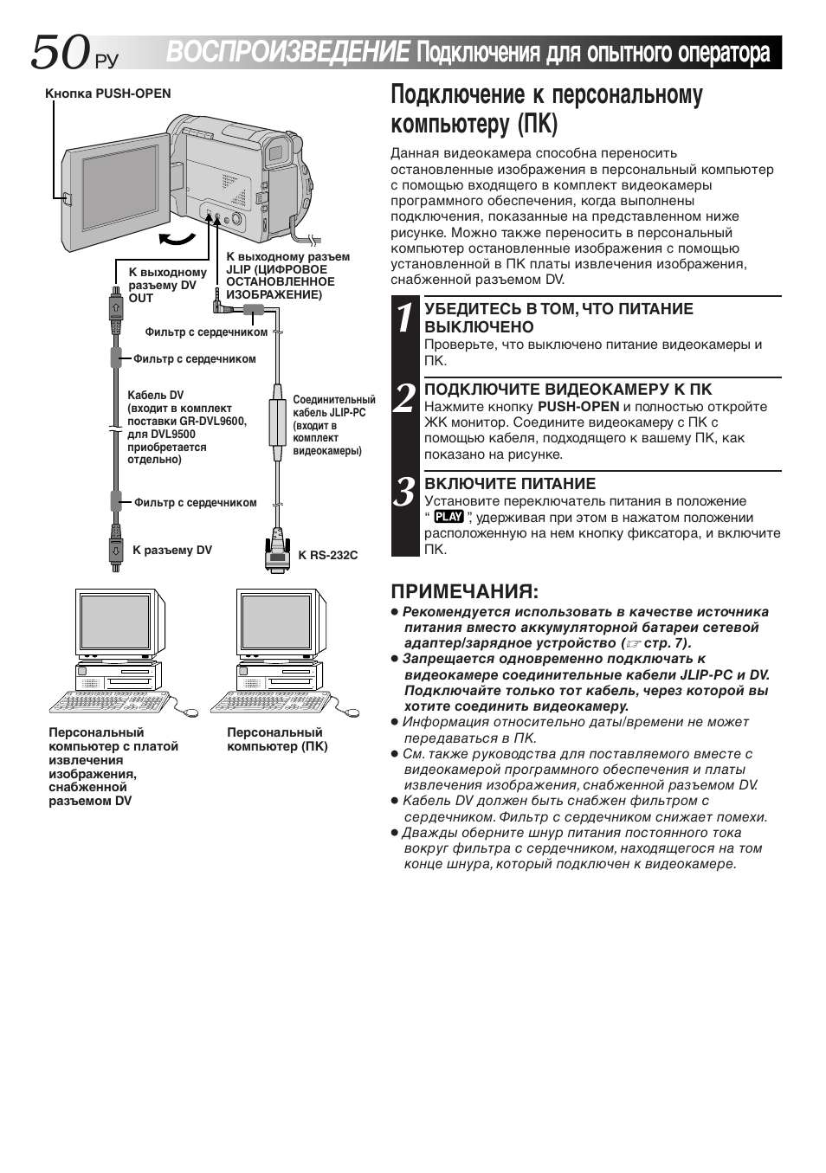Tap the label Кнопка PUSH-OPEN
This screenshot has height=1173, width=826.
(x=108, y=93)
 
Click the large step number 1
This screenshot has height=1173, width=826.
(x=405, y=318)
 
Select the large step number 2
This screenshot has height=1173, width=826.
(x=405, y=398)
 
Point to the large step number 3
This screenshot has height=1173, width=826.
(x=405, y=492)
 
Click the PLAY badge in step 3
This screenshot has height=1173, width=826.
(x=448, y=517)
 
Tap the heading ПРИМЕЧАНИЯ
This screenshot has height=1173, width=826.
(x=464, y=591)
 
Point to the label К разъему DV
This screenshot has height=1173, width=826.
(x=171, y=550)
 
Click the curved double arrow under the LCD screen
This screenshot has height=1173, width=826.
(x=178, y=238)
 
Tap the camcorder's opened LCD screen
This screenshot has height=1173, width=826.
(x=119, y=187)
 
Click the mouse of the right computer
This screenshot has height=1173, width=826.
(x=352, y=713)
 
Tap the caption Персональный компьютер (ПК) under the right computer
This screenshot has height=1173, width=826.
(x=277, y=739)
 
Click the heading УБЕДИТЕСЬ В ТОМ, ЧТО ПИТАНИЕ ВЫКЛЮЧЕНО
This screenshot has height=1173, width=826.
(x=558, y=318)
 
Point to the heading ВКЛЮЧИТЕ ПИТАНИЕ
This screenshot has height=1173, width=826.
(x=510, y=483)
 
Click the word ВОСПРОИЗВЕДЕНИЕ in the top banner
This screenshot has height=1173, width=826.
(x=287, y=53)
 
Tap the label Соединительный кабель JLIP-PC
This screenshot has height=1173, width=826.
(x=333, y=425)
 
